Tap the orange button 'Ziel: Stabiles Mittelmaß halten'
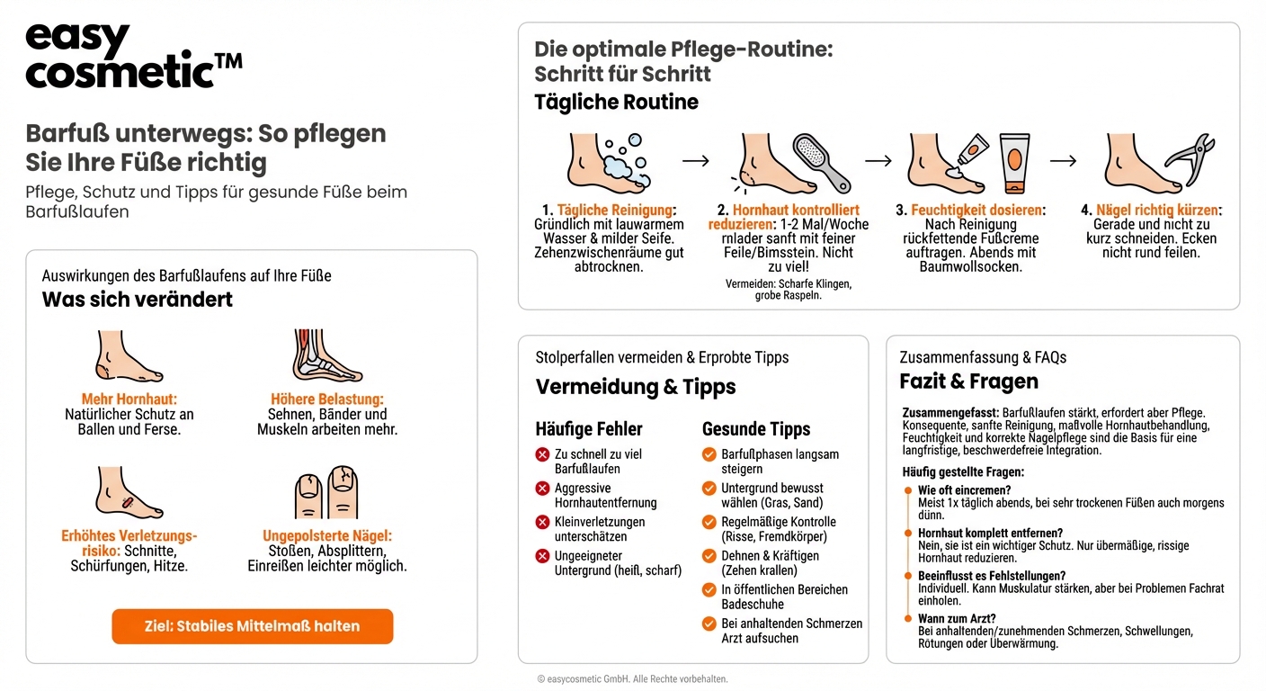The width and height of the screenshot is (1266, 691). click(x=252, y=626)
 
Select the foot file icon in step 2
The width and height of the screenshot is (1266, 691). click(x=822, y=163)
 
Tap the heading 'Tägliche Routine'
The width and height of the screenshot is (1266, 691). click(x=616, y=102)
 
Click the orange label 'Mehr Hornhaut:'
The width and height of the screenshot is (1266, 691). click(x=129, y=399)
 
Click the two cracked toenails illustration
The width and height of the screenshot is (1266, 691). click(x=326, y=493)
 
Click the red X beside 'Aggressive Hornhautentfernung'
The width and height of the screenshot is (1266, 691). click(x=542, y=489)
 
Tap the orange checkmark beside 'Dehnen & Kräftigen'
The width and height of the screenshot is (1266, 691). click(x=709, y=556)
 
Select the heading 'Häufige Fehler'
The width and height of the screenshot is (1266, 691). click(x=589, y=429)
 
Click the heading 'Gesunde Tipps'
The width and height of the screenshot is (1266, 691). click(x=755, y=429)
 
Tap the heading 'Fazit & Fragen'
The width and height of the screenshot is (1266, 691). click(x=968, y=381)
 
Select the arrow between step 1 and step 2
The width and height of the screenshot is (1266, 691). click(x=695, y=160)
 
